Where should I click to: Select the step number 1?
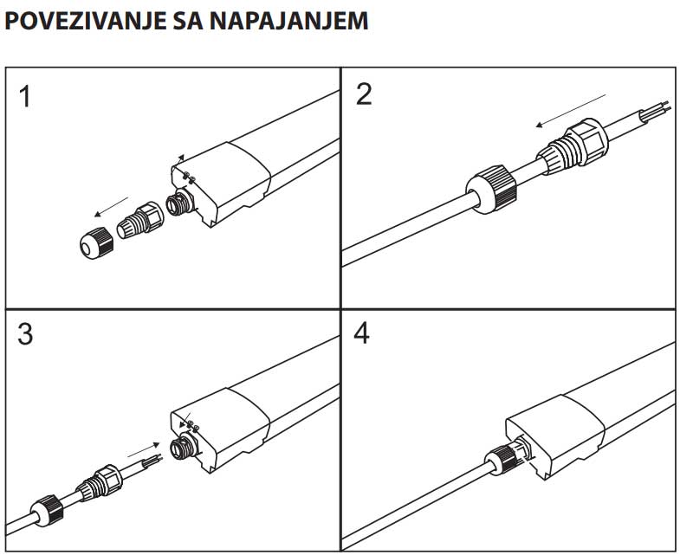[25, 96]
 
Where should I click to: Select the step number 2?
[364, 94]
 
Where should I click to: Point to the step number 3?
[25, 334]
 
